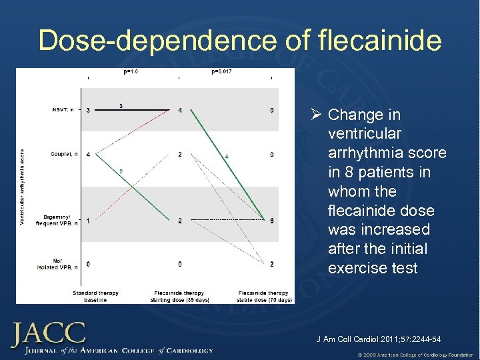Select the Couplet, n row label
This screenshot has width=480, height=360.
[64, 155]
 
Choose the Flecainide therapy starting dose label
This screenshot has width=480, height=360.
[179, 297]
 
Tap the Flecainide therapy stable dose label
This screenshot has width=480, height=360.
[264, 297]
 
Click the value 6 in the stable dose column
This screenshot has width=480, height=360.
[271, 221]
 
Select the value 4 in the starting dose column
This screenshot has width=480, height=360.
[180, 110]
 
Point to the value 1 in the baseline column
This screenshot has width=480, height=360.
[88, 221]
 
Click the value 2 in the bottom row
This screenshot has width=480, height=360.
[271, 264]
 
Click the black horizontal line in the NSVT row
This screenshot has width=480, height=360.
[133, 109]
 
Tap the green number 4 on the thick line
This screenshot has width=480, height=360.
[227, 156]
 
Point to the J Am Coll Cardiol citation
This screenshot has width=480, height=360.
[378, 339]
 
